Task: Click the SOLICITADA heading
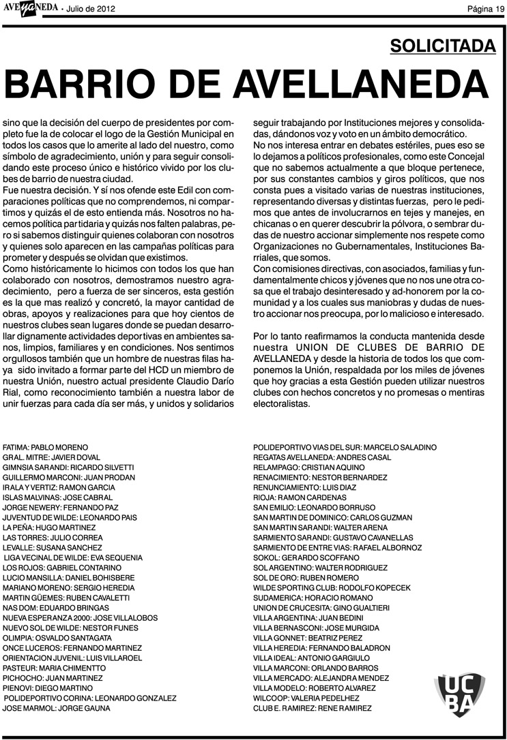443,46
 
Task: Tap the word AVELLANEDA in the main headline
362,85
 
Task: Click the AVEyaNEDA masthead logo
31,7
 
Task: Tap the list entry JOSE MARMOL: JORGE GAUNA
55,709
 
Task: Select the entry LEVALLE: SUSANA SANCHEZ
53,547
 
